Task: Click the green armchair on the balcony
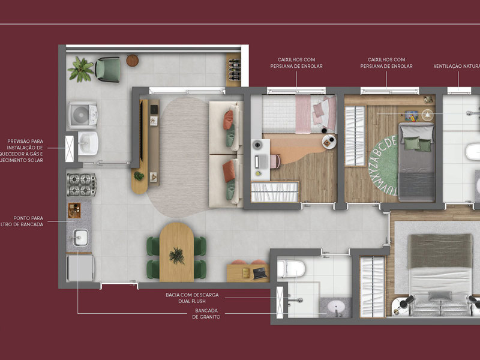tap(108, 69)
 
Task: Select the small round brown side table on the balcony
tap(133, 60)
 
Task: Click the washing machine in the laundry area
tap(80, 114)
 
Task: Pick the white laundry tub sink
tap(88, 143)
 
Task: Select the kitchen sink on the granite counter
tap(80, 238)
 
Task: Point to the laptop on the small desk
tap(260, 273)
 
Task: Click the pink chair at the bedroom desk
tap(275, 161)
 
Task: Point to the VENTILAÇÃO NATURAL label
tap(457, 67)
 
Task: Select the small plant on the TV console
tap(139, 176)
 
